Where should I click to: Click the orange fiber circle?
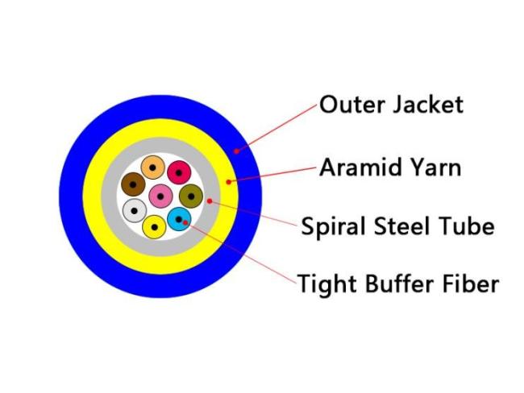152,168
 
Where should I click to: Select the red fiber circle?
179,172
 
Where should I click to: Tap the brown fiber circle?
133,184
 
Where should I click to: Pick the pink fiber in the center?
160,196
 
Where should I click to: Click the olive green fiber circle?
191,196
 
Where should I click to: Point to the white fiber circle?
135,211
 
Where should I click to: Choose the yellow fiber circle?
155,227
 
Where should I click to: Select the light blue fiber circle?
179,219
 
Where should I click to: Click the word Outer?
352,105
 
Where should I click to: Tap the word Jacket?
428,105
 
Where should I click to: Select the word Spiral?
334,227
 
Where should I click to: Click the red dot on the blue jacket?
236,151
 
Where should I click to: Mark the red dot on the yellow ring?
229,182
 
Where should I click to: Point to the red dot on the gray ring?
210,201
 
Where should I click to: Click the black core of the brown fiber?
133,184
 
